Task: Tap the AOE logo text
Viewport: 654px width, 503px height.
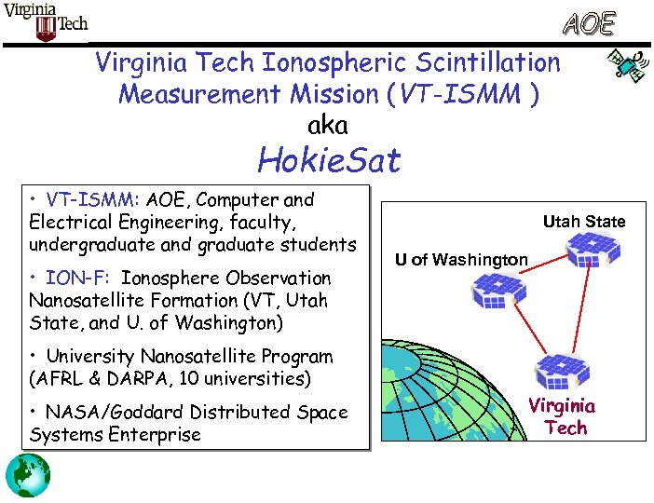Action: coord(587,23)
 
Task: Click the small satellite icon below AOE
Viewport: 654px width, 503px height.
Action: coord(624,66)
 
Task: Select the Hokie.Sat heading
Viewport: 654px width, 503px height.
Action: coord(328,161)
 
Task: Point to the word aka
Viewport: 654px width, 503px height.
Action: coord(327,124)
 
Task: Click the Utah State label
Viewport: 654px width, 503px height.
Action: coord(584,222)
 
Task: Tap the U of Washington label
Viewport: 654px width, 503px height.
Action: coord(460,259)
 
